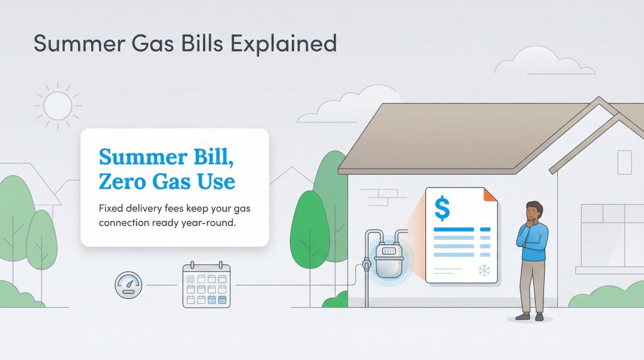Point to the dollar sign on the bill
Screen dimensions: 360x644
442,208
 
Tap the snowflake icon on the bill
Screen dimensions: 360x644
484,271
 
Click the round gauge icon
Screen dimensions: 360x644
128,285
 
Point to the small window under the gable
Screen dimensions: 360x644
624,162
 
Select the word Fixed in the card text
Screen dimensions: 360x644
111,208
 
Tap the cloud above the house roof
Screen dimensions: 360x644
528,61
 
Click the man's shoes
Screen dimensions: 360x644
531,317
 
